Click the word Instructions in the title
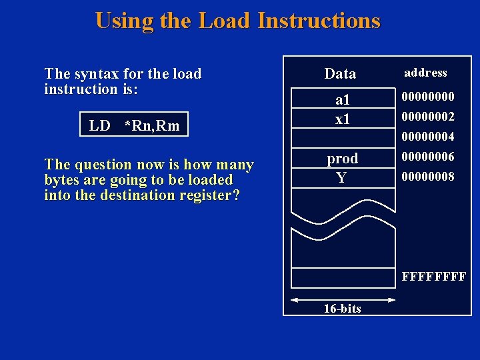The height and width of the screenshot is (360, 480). coord(319,21)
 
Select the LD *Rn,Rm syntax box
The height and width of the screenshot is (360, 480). coord(134,125)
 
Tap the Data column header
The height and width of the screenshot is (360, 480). coord(340,73)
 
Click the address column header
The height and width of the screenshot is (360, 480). coord(425,73)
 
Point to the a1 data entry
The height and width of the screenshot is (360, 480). coord(342,101)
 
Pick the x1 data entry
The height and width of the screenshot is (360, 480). coord(342,119)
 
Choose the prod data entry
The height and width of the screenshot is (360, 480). coord(342,159)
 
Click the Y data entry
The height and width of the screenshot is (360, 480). coord(341,177)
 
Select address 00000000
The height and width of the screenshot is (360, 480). coord(427,97)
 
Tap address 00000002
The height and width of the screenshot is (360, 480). coord(427,117)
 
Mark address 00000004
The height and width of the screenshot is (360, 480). coord(427,137)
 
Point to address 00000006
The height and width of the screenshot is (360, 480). coord(427,157)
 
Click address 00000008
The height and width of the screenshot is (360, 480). coord(427,177)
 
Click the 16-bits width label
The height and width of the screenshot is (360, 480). coord(342,308)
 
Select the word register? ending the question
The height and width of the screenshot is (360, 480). coord(209,195)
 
